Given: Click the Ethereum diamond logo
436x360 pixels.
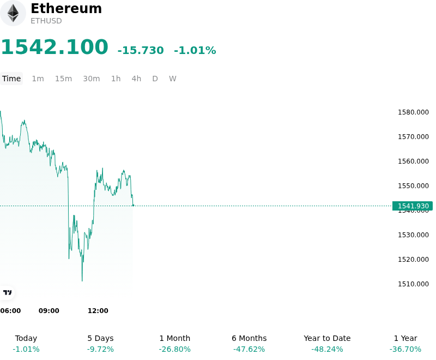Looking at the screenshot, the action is pyautogui.click(x=13, y=13).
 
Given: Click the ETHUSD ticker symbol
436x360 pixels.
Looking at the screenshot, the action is pyautogui.click(x=46, y=21).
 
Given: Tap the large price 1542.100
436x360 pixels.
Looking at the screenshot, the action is pyautogui.click(x=55, y=47).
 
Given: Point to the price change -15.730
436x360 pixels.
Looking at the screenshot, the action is pyautogui.click(x=141, y=50).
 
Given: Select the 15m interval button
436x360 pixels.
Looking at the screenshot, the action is pyautogui.click(x=63, y=79).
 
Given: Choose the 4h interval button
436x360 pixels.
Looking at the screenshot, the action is pyautogui.click(x=136, y=79).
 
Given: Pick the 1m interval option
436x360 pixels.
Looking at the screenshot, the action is pyautogui.click(x=38, y=79).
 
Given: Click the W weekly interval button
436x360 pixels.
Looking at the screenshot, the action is pyautogui.click(x=172, y=79).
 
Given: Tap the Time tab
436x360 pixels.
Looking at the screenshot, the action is pyautogui.click(x=11, y=79).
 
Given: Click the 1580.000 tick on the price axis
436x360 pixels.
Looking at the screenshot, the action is pyautogui.click(x=413, y=112).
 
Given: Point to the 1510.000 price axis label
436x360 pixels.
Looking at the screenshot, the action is pyautogui.click(x=413, y=284).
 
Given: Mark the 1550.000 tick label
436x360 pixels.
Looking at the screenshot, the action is pyautogui.click(x=413, y=186).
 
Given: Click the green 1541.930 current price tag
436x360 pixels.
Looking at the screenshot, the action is pyautogui.click(x=413, y=206).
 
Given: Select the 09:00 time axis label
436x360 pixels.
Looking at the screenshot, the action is pyautogui.click(x=49, y=311).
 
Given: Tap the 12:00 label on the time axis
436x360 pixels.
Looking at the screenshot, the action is pyautogui.click(x=98, y=311).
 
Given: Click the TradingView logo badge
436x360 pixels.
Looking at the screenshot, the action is pyautogui.click(x=7, y=293).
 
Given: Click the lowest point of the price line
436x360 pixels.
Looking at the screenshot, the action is pyautogui.click(x=82, y=281).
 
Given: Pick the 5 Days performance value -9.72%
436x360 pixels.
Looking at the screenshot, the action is pyautogui.click(x=100, y=349).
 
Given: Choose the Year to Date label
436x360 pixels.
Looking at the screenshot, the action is pyautogui.click(x=327, y=338).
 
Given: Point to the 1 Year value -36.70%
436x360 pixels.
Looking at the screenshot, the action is pyautogui.click(x=405, y=349).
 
